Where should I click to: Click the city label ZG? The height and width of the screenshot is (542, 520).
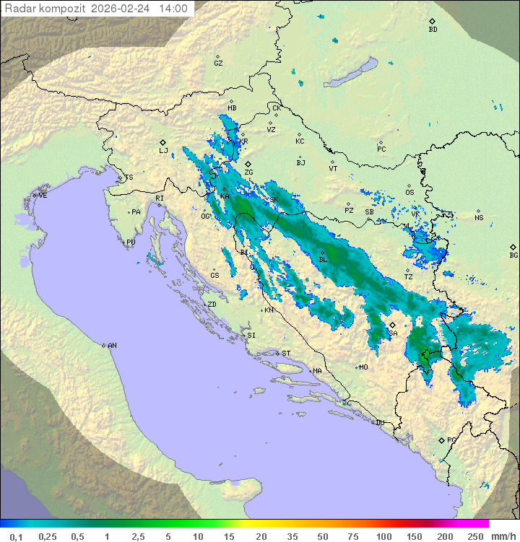[x=248, y=172]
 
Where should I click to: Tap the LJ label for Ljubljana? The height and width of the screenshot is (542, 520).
[x=163, y=151]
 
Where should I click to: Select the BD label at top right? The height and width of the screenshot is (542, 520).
[x=433, y=30]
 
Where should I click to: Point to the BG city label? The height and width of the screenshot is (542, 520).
[x=513, y=255]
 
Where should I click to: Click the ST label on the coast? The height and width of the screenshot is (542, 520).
[x=286, y=354]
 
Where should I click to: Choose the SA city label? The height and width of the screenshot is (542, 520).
[x=393, y=333]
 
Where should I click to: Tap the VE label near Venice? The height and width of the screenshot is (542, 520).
[x=43, y=196]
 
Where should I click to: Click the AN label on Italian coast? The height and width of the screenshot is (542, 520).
[x=112, y=346]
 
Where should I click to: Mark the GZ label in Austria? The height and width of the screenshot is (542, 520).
[x=218, y=64]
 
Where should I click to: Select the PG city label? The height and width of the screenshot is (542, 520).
[x=451, y=440]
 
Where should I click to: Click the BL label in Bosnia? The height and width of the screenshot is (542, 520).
[x=323, y=259]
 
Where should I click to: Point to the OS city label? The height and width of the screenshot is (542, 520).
[x=409, y=193]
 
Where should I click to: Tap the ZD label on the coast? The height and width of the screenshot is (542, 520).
[x=212, y=305]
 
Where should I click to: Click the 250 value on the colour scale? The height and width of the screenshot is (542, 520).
[x=474, y=536]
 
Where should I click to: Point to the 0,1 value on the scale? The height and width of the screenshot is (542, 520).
[x=16, y=536]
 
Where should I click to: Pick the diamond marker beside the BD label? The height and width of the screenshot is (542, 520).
[x=432, y=22]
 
